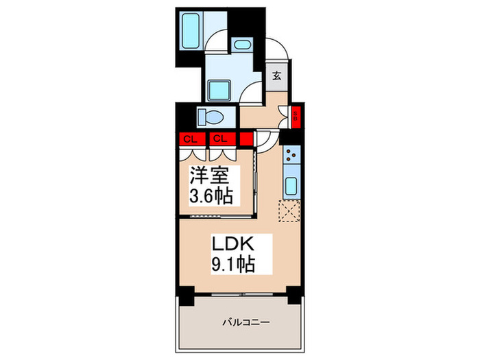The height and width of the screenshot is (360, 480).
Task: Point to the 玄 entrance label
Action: click(x=277, y=75)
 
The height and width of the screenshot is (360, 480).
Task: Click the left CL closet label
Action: click(x=187, y=139)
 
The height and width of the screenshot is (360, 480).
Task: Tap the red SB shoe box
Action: click(x=296, y=116)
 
